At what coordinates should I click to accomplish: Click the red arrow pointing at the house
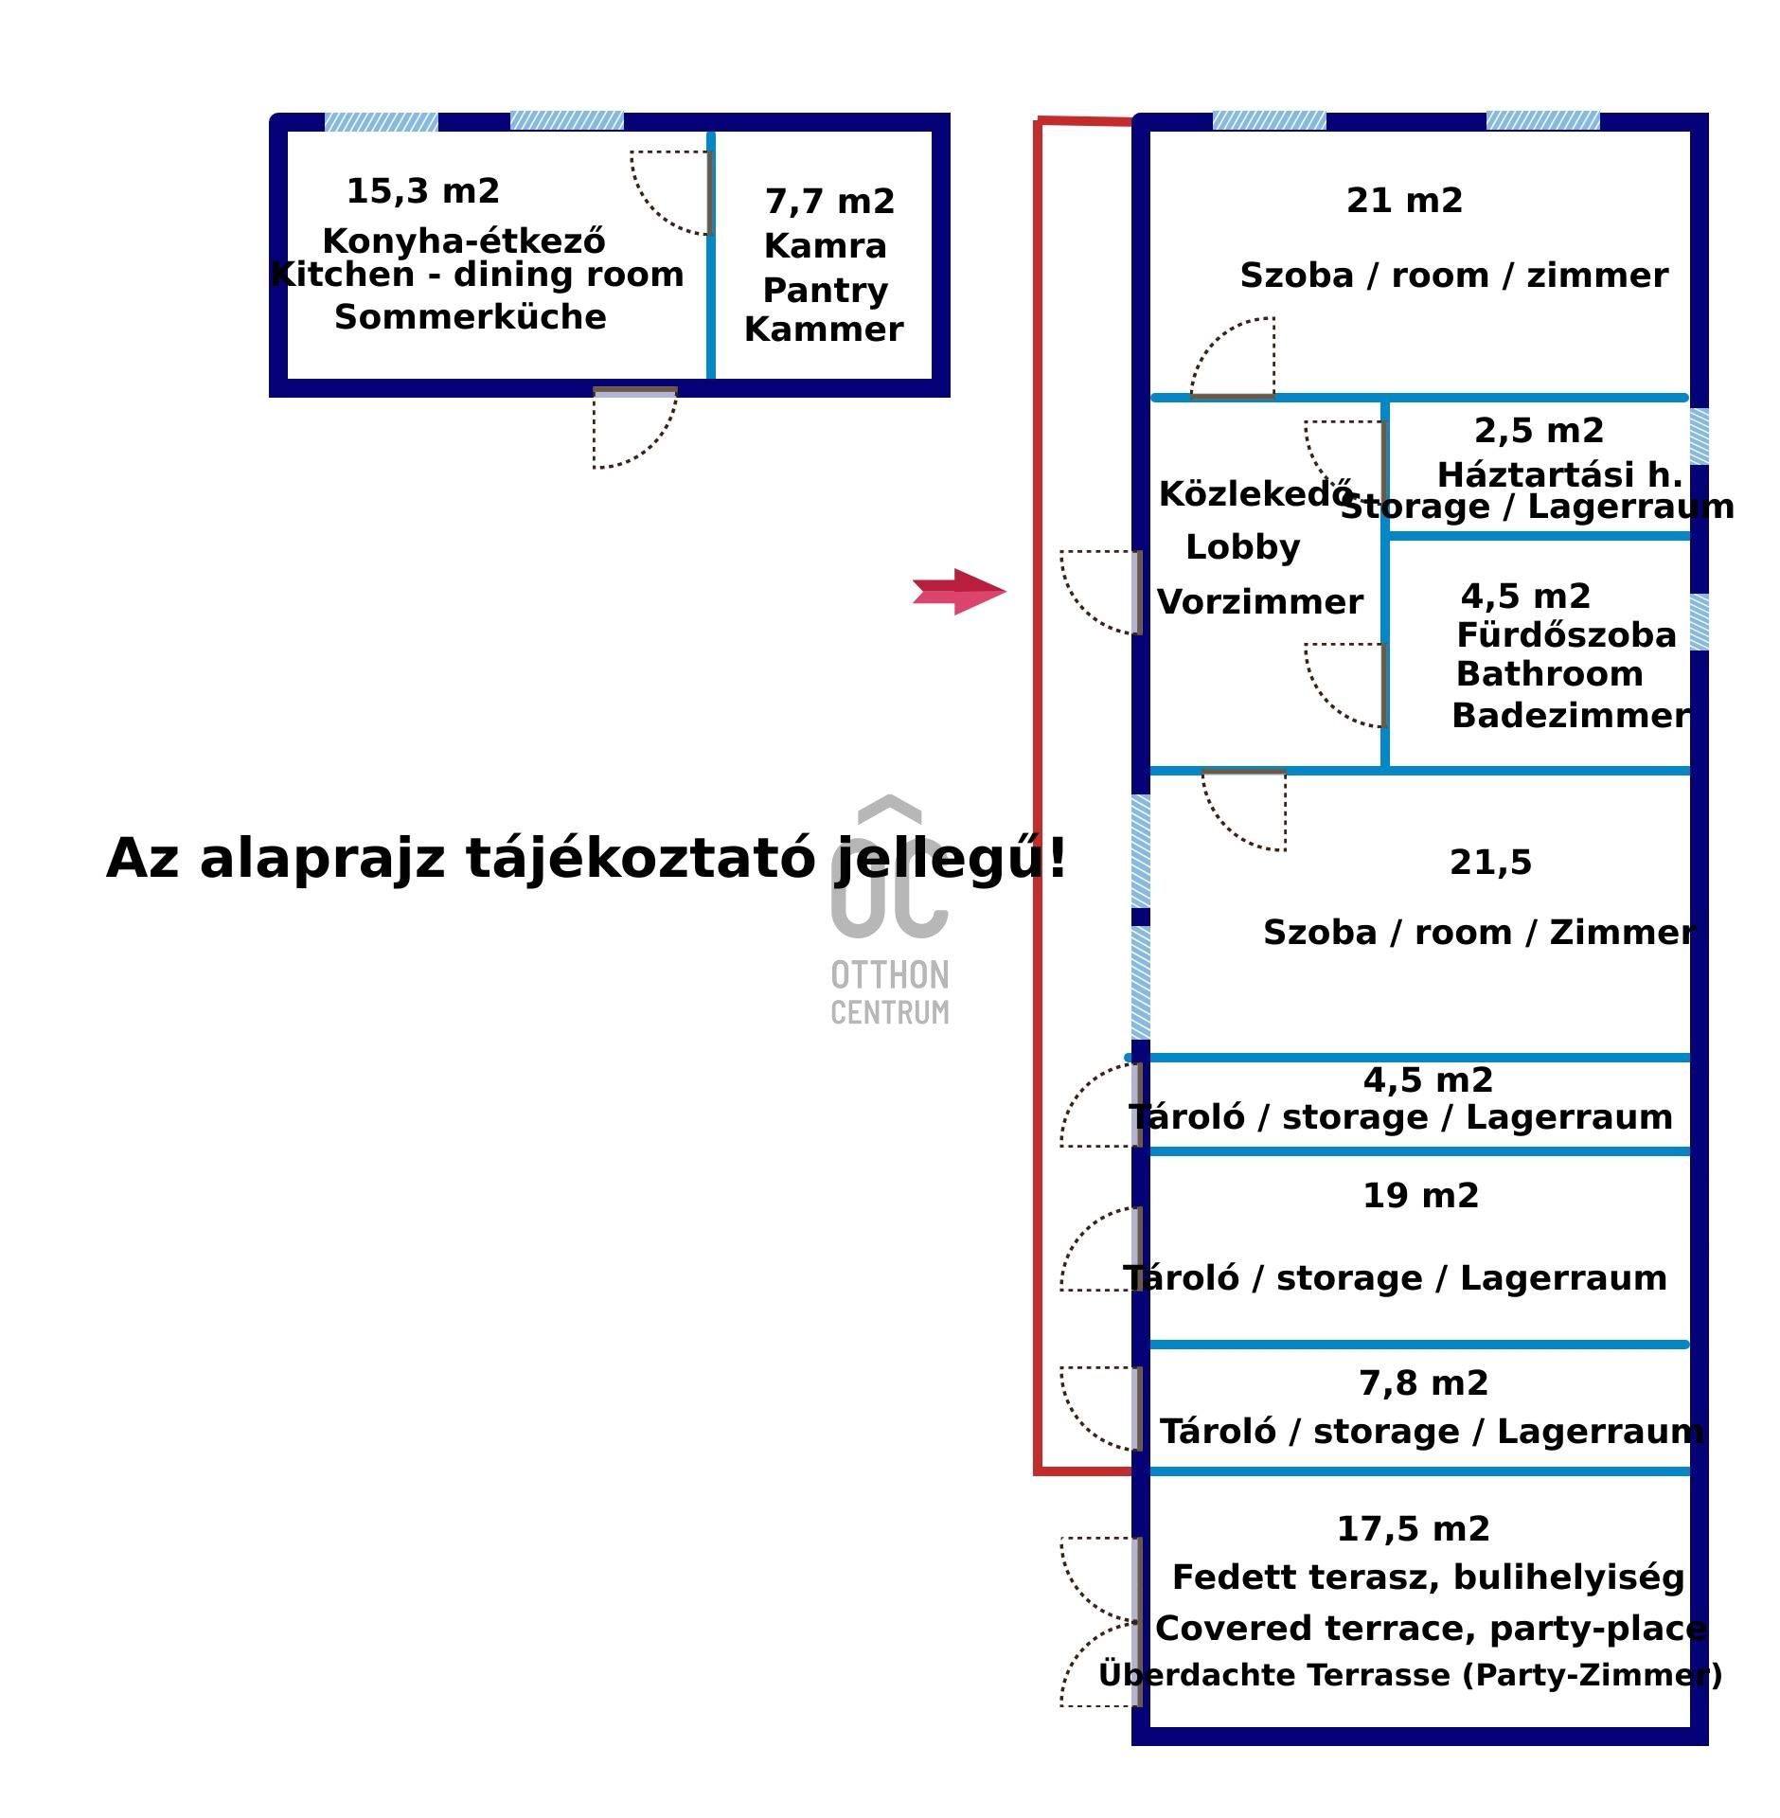pos(958,592)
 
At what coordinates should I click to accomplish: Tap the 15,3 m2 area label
pos(422,192)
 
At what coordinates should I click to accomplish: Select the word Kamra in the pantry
pos(825,246)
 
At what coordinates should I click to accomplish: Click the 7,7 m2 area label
pos(829,202)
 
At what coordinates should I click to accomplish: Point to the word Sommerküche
pos(470,317)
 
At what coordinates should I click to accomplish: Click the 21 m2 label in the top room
pos(1404,201)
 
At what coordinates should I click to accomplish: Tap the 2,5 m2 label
pos(1539,431)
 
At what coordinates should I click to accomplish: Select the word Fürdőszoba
pos(1566,635)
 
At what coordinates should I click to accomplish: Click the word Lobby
pos(1242,547)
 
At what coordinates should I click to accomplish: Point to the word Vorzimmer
pos(1259,602)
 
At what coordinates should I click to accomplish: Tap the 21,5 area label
pos(1490,863)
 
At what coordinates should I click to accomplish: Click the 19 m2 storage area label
pos(1420,1196)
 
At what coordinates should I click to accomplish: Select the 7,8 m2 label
pos(1423,1383)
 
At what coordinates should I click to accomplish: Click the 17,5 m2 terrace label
pos(1413,1529)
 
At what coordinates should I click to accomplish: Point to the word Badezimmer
pos(1571,716)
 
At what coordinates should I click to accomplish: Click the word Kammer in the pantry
pos(824,330)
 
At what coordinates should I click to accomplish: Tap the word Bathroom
pos(1549,674)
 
